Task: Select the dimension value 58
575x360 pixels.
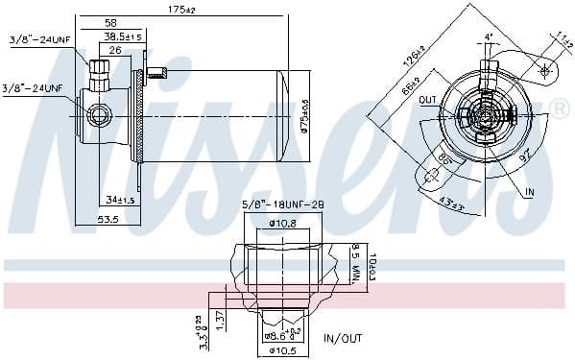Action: click(x=110, y=23)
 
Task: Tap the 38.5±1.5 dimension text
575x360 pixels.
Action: click(x=123, y=36)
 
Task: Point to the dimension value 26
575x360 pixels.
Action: click(x=114, y=50)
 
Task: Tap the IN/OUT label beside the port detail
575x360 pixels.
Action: click(x=343, y=338)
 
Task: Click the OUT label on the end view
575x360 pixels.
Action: click(x=426, y=99)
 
